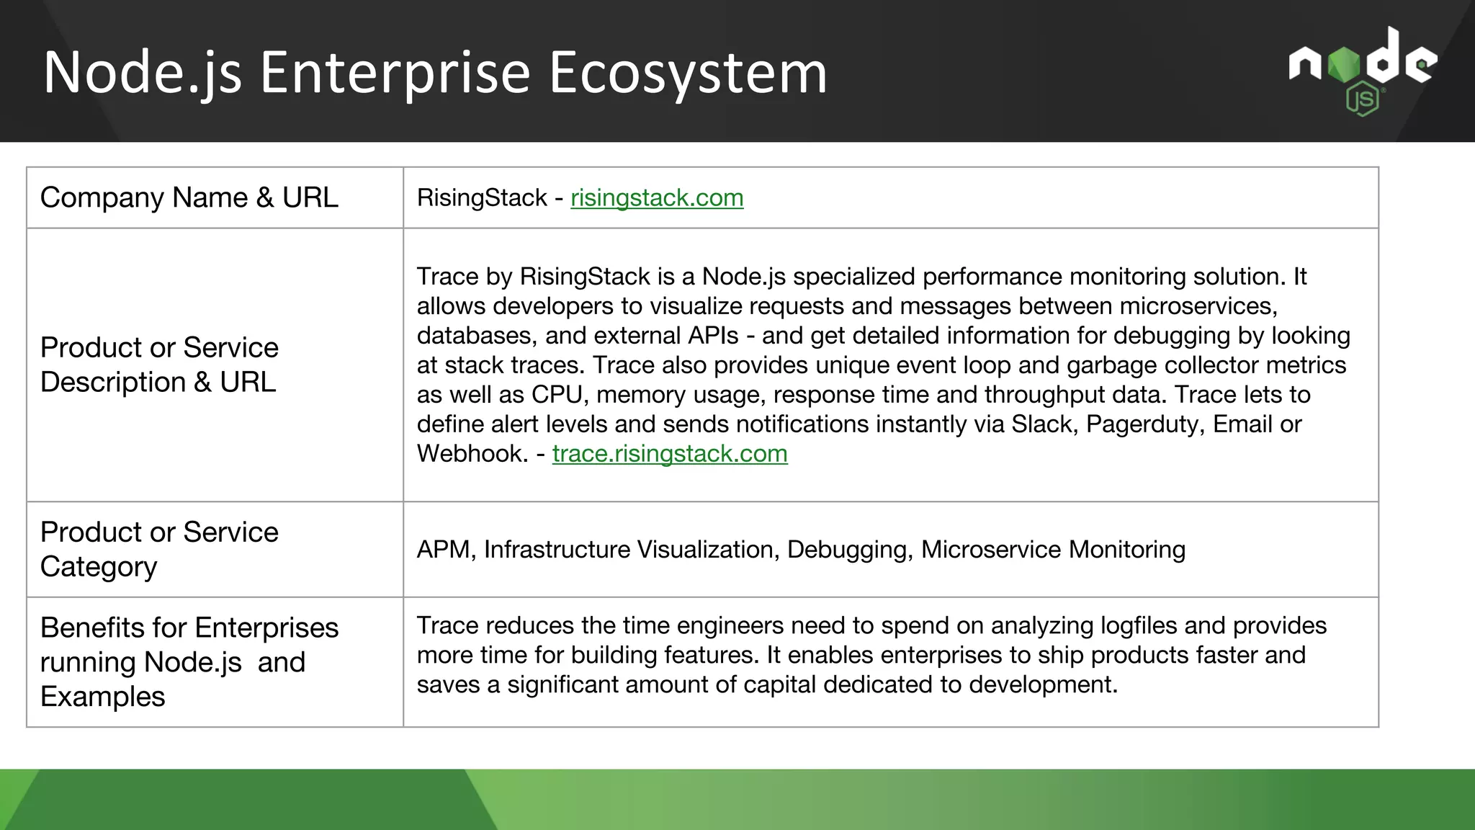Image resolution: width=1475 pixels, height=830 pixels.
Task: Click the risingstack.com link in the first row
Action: (x=656, y=198)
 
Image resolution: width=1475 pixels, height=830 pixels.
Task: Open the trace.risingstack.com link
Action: (x=669, y=454)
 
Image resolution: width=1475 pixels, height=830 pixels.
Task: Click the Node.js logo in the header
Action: (x=1362, y=71)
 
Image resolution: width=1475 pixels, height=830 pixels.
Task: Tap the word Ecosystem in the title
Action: (x=688, y=73)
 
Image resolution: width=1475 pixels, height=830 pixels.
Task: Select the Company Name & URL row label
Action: (x=189, y=198)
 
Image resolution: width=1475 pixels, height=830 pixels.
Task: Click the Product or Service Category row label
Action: (x=159, y=550)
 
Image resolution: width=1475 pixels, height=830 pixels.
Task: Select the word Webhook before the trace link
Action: (x=472, y=454)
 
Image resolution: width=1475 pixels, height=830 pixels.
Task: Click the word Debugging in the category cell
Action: (x=849, y=550)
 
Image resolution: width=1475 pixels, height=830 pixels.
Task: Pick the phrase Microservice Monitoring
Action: (x=1052, y=550)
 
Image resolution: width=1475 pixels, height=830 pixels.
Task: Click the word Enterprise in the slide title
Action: (x=395, y=73)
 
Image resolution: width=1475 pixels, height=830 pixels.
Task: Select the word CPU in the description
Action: (x=557, y=395)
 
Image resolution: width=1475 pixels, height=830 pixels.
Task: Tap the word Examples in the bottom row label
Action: (x=102, y=697)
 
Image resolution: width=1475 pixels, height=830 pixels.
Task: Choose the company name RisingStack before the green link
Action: (x=482, y=198)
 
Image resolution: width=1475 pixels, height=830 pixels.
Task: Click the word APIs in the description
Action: (x=713, y=336)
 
